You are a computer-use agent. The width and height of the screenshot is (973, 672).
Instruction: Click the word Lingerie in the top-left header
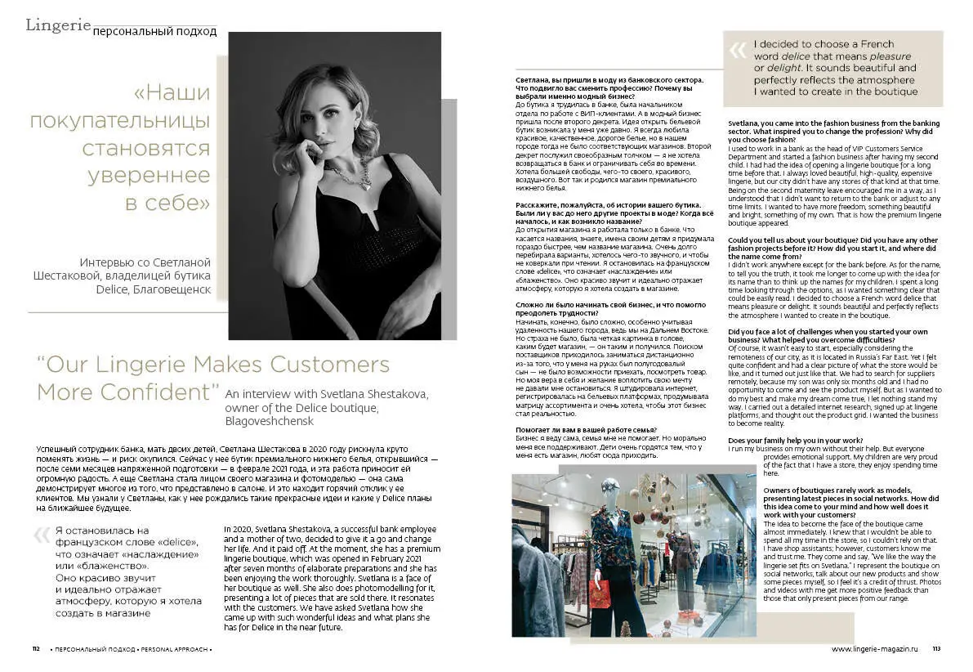(x=58, y=25)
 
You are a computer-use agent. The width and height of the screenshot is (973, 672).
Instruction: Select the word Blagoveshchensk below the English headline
(x=269, y=421)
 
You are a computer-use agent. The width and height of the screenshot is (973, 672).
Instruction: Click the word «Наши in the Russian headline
(x=171, y=93)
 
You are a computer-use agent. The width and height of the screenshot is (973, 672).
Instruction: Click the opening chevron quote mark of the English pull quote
(x=738, y=51)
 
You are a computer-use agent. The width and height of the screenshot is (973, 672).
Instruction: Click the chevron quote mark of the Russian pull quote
(x=42, y=536)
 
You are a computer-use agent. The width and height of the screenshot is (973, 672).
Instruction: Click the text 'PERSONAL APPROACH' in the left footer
(x=175, y=649)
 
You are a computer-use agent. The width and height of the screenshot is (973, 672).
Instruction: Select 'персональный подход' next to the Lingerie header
(x=155, y=32)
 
